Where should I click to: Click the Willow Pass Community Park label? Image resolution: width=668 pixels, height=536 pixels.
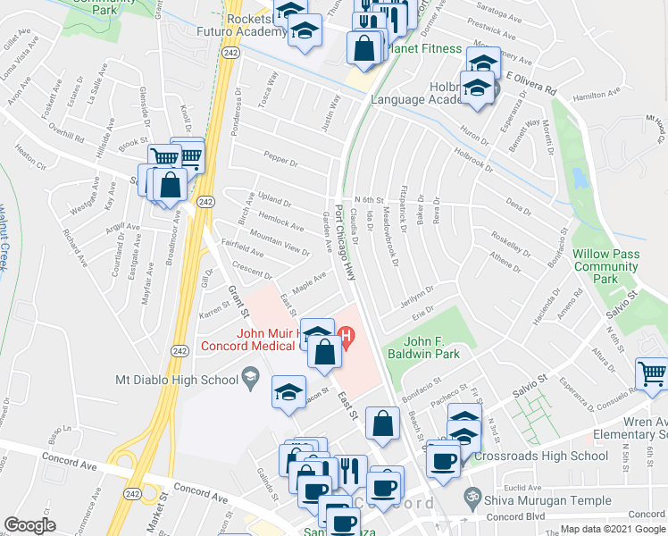tap(606, 266)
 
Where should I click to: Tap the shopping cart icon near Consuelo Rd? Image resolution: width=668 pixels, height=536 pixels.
tap(652, 374)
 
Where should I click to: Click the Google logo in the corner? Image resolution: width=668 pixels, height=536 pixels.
tap(30, 525)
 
